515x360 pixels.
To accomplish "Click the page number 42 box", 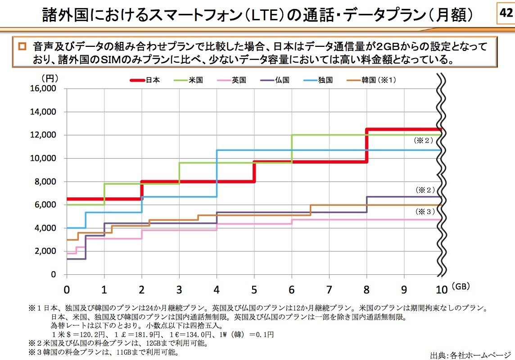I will tap(505, 14).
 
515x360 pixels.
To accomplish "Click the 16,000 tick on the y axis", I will tap(44, 88).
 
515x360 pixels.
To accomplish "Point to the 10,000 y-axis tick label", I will tap(44, 158).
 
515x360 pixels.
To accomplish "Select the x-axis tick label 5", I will tap(254, 288).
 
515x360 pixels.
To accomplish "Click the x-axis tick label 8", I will tap(366, 288).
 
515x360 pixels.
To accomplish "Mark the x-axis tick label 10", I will tap(442, 288).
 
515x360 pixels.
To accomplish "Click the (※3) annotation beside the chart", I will tap(425, 211).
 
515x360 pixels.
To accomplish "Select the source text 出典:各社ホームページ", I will tap(470, 354).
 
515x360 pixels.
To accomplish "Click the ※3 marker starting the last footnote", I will tap(34, 351).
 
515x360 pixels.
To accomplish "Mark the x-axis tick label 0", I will tap(67, 288).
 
